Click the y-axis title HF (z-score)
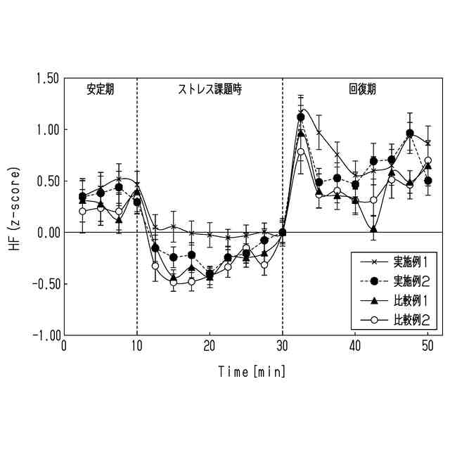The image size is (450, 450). click(x=16, y=207)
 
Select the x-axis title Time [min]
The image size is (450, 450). click(x=252, y=370)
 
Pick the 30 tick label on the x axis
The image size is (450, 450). click(x=283, y=346)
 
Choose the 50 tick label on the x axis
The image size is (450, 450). click(x=427, y=346)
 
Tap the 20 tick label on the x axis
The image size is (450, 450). click(x=210, y=346)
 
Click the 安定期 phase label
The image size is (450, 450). click(x=101, y=89)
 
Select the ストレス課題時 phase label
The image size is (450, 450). click(x=210, y=89)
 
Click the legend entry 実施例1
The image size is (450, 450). click(x=415, y=262)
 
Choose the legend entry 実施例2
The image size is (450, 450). click(x=415, y=281)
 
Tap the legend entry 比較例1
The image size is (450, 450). click(x=415, y=301)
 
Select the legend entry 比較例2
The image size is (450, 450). click(x=415, y=321)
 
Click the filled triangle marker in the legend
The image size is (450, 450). click(x=374, y=301)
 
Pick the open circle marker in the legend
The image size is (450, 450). click(x=374, y=321)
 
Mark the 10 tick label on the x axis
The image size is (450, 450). click(x=137, y=346)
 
